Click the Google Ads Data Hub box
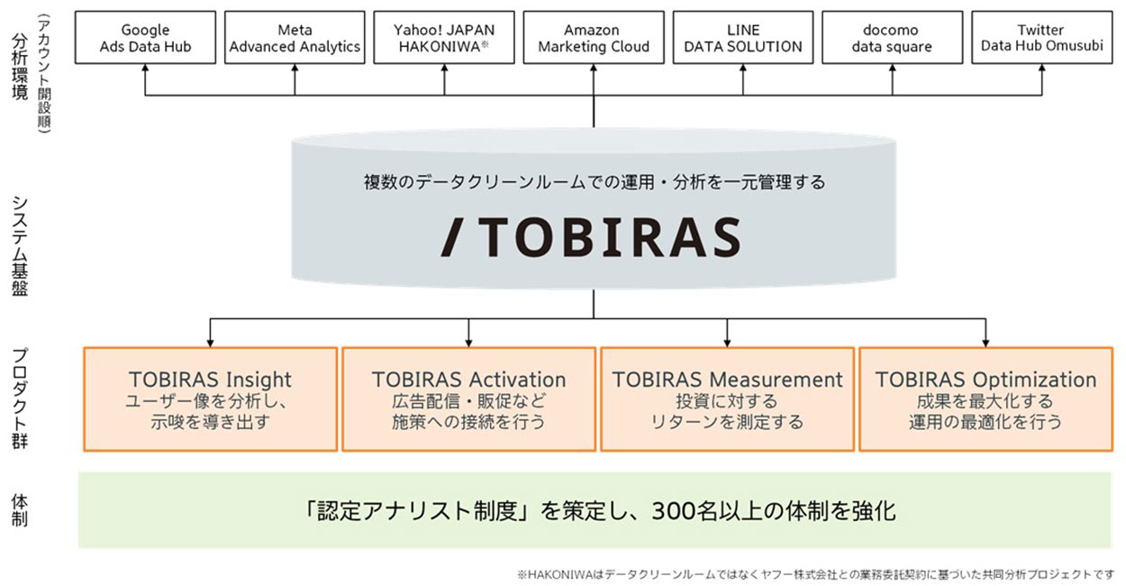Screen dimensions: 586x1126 click(x=145, y=38)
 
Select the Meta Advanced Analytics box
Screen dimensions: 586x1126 click(x=295, y=38)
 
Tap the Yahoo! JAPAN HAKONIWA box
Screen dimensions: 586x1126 click(x=444, y=38)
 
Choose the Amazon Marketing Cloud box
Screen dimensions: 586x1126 click(x=594, y=38)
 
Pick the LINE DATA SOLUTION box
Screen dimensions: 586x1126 click(x=743, y=38)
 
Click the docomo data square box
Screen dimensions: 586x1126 click(x=892, y=38)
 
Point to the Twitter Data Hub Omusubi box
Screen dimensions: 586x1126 click(x=1041, y=38)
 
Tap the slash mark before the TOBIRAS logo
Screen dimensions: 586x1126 click(x=457, y=236)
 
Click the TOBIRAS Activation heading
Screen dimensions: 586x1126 click(x=468, y=380)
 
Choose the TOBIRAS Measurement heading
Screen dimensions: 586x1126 click(x=727, y=380)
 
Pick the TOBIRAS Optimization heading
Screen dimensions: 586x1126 click(x=985, y=380)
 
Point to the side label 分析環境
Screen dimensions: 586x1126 click(x=20, y=68)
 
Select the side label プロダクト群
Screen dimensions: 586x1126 click(x=20, y=397)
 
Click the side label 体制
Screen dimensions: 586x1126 click(x=20, y=509)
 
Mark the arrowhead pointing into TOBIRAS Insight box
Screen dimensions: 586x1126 click(x=210, y=343)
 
